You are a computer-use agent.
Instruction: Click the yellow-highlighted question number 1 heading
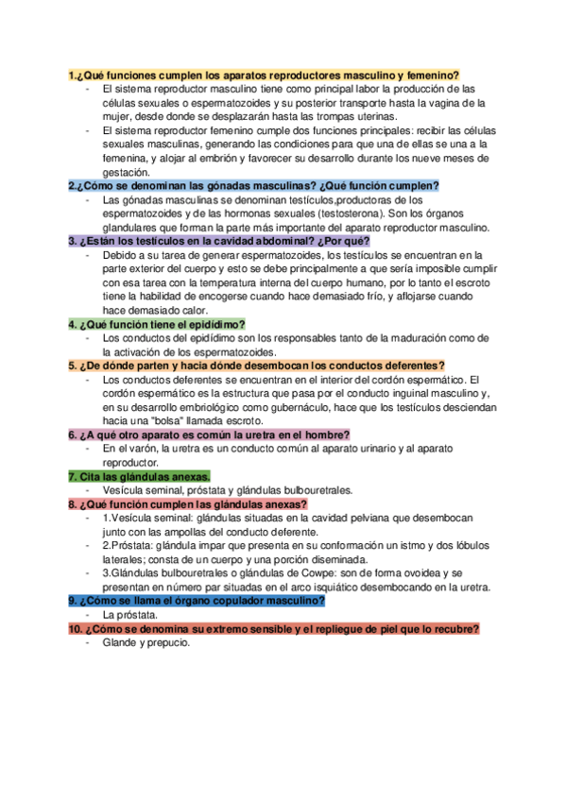coord(264,75)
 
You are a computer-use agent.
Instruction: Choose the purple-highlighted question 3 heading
coord(218,241)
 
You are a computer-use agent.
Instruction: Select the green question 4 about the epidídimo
coord(157,324)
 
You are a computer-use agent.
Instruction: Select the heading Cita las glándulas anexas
coord(140,476)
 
